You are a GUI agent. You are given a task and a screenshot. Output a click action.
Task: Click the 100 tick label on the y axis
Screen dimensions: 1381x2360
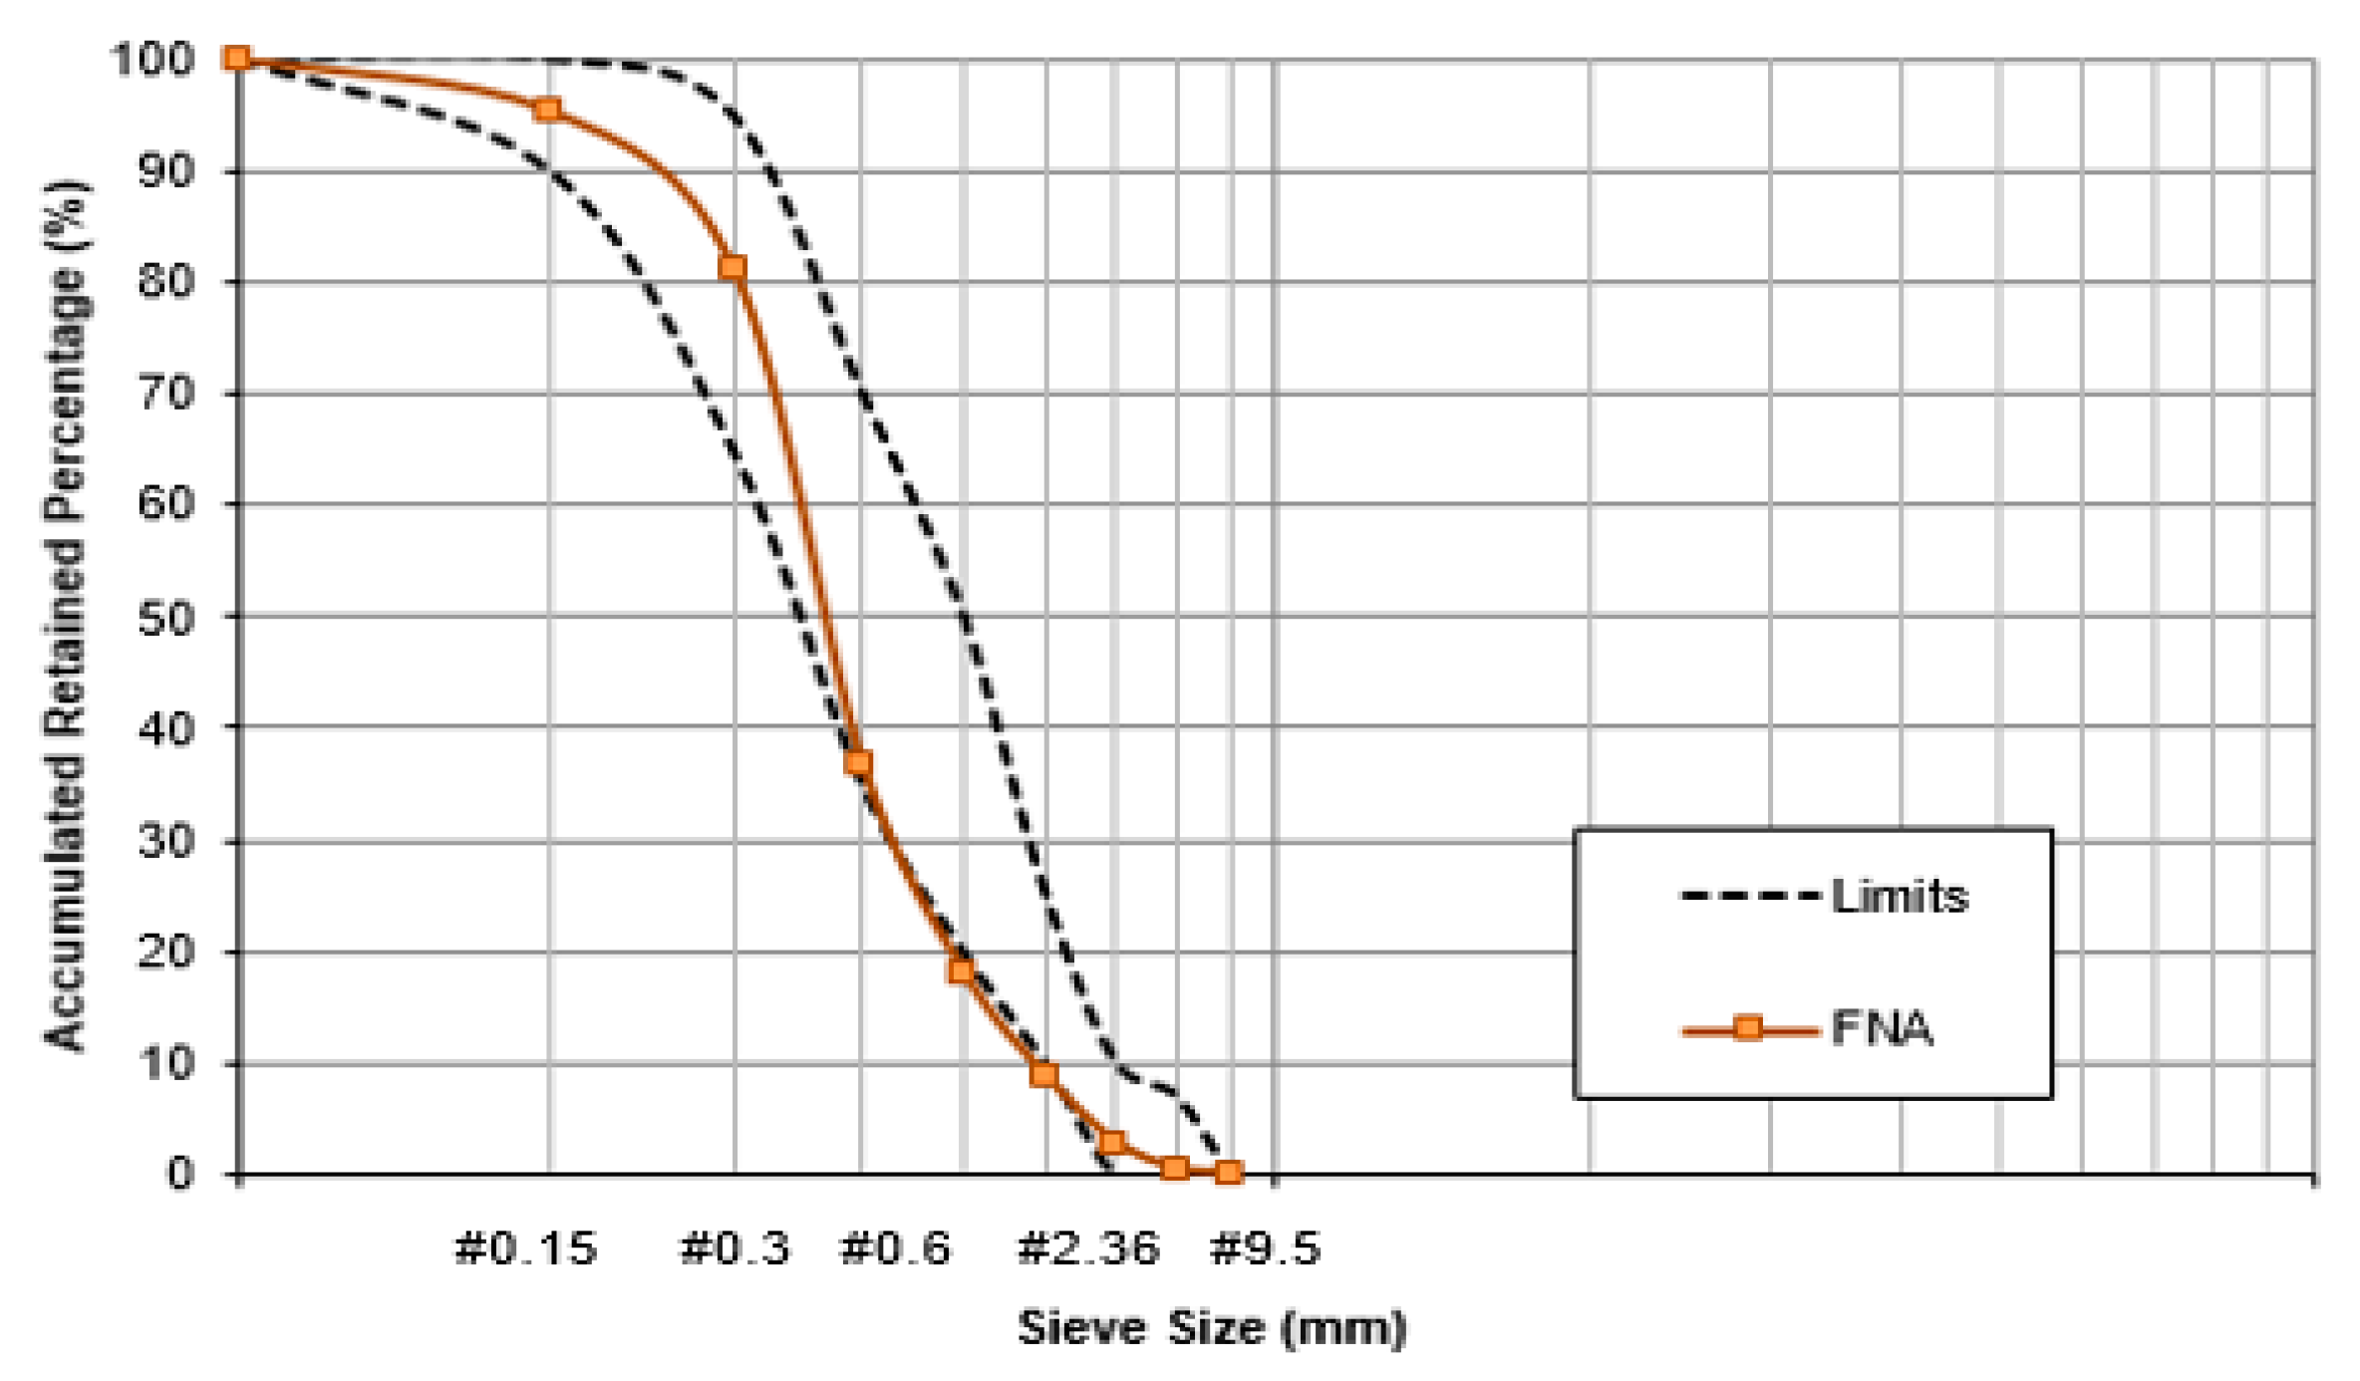151,60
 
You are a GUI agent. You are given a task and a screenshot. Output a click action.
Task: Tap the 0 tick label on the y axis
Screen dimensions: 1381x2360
180,1174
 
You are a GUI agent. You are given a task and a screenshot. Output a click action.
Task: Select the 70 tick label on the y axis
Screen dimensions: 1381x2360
165,395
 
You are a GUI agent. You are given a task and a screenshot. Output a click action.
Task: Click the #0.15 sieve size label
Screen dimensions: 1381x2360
526,1248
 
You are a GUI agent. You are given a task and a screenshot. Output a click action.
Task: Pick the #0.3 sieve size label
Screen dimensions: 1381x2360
735,1248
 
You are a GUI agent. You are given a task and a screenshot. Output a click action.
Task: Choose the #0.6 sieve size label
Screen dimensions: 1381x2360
896,1248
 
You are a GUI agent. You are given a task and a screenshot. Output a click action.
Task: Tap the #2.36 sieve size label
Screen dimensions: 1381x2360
1088,1248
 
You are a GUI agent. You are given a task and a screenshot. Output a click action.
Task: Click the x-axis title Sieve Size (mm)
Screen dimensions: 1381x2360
1211,1328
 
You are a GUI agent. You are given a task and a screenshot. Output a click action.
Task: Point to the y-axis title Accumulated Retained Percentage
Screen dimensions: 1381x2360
66,616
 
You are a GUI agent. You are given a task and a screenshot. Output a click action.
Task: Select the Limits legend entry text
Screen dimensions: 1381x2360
1900,897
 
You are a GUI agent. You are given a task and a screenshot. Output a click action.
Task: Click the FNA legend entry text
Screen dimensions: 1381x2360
1882,1028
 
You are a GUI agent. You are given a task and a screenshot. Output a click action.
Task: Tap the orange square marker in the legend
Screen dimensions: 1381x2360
1748,1028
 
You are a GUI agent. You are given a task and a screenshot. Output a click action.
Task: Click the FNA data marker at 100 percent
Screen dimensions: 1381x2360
237,58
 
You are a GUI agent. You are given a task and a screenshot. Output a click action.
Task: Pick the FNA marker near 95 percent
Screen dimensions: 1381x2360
547,110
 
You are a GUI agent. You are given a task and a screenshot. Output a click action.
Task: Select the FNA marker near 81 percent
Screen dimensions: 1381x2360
733,267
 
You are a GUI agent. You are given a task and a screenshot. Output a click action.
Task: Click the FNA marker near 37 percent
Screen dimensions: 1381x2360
858,763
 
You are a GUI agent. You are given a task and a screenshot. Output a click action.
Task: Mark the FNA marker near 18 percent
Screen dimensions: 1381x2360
961,970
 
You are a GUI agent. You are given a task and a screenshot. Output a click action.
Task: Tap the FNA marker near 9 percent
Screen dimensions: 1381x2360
1043,1074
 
